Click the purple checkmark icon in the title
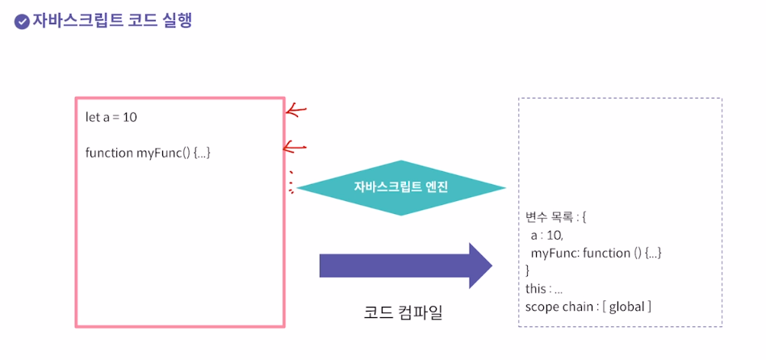coord(22,22)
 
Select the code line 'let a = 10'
coord(111,117)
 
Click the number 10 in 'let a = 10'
coord(130,117)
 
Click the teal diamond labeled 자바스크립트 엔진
coord(400,187)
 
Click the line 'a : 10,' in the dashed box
coord(546,236)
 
